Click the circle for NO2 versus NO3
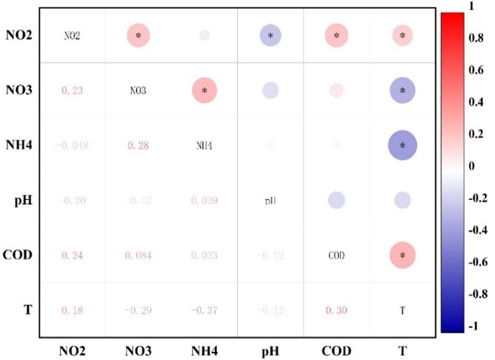tap(139, 36)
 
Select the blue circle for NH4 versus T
tap(402, 145)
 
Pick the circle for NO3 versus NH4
tap(204, 91)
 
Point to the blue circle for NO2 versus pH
tap(271, 36)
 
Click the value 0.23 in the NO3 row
tap(72, 91)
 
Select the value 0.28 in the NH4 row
tap(139, 146)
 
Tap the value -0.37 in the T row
tap(204, 310)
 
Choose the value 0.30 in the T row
tap(336, 310)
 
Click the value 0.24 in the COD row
tap(72, 255)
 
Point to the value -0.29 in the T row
tap(139, 310)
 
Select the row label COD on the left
tap(18, 255)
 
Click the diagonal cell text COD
tap(336, 255)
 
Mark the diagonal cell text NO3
tap(139, 91)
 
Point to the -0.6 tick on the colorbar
tap(477, 262)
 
